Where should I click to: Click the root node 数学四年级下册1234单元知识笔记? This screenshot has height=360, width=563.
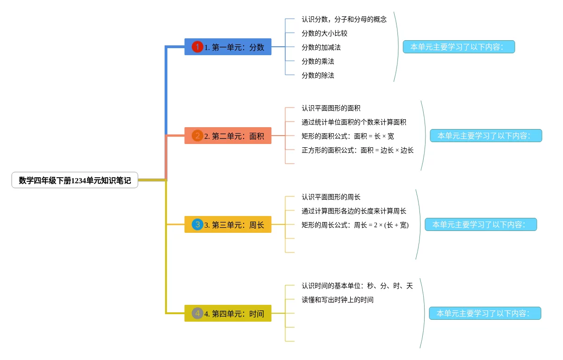pyautogui.click(x=75, y=180)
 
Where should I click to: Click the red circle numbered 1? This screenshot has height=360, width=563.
pyautogui.click(x=197, y=47)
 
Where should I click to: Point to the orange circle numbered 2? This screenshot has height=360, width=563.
pyautogui.click(x=197, y=136)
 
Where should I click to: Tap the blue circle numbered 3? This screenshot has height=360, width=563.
pyautogui.click(x=197, y=224)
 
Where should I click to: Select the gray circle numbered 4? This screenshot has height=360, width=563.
pyautogui.click(x=197, y=313)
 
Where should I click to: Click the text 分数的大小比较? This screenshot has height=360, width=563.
pyautogui.click(x=325, y=33)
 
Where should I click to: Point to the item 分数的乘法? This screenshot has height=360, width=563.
pyautogui.click(x=318, y=61)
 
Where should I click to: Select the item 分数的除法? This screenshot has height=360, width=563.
pyautogui.click(x=318, y=75)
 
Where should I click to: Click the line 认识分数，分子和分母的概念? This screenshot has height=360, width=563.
pyautogui.click(x=344, y=19)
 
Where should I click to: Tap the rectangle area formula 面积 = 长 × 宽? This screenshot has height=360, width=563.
pyautogui.click(x=348, y=136)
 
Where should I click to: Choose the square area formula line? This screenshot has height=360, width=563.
pyautogui.click(x=358, y=150)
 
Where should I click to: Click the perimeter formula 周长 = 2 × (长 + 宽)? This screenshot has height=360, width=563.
pyautogui.click(x=355, y=225)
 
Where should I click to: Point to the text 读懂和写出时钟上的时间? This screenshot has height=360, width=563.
pyautogui.click(x=338, y=300)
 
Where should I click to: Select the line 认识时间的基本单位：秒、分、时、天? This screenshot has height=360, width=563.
pyautogui.click(x=357, y=286)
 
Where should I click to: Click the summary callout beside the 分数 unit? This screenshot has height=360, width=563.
pyautogui.click(x=459, y=47)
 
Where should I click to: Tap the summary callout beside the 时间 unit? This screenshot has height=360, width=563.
pyautogui.click(x=485, y=313)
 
